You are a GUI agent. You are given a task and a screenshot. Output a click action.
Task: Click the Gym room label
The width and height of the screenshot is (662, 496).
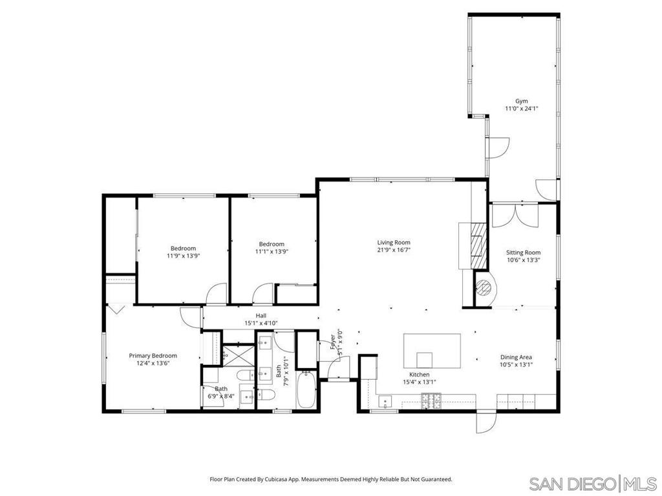521,101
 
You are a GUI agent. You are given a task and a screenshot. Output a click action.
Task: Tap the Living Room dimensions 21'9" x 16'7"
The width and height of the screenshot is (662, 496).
394,250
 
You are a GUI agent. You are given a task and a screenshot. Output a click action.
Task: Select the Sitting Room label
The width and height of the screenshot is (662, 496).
523,253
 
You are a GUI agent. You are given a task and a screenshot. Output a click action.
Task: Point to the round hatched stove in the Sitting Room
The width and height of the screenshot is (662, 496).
482,287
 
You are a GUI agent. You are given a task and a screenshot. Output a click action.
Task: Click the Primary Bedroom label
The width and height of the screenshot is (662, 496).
153,356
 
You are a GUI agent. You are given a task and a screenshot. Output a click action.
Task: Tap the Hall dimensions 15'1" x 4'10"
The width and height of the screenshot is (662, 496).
261,323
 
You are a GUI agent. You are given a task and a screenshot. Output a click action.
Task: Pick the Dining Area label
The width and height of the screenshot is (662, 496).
516,357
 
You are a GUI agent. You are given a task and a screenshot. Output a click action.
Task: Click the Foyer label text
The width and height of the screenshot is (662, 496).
334,337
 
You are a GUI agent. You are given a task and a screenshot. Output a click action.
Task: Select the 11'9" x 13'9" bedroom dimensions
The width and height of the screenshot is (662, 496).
183,256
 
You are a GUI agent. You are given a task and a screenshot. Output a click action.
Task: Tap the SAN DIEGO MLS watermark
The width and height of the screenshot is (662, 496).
592,482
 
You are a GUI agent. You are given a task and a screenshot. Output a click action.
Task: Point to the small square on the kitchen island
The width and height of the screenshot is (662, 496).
424,359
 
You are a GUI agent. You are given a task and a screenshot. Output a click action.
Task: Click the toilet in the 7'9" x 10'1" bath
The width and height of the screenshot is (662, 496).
266,395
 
